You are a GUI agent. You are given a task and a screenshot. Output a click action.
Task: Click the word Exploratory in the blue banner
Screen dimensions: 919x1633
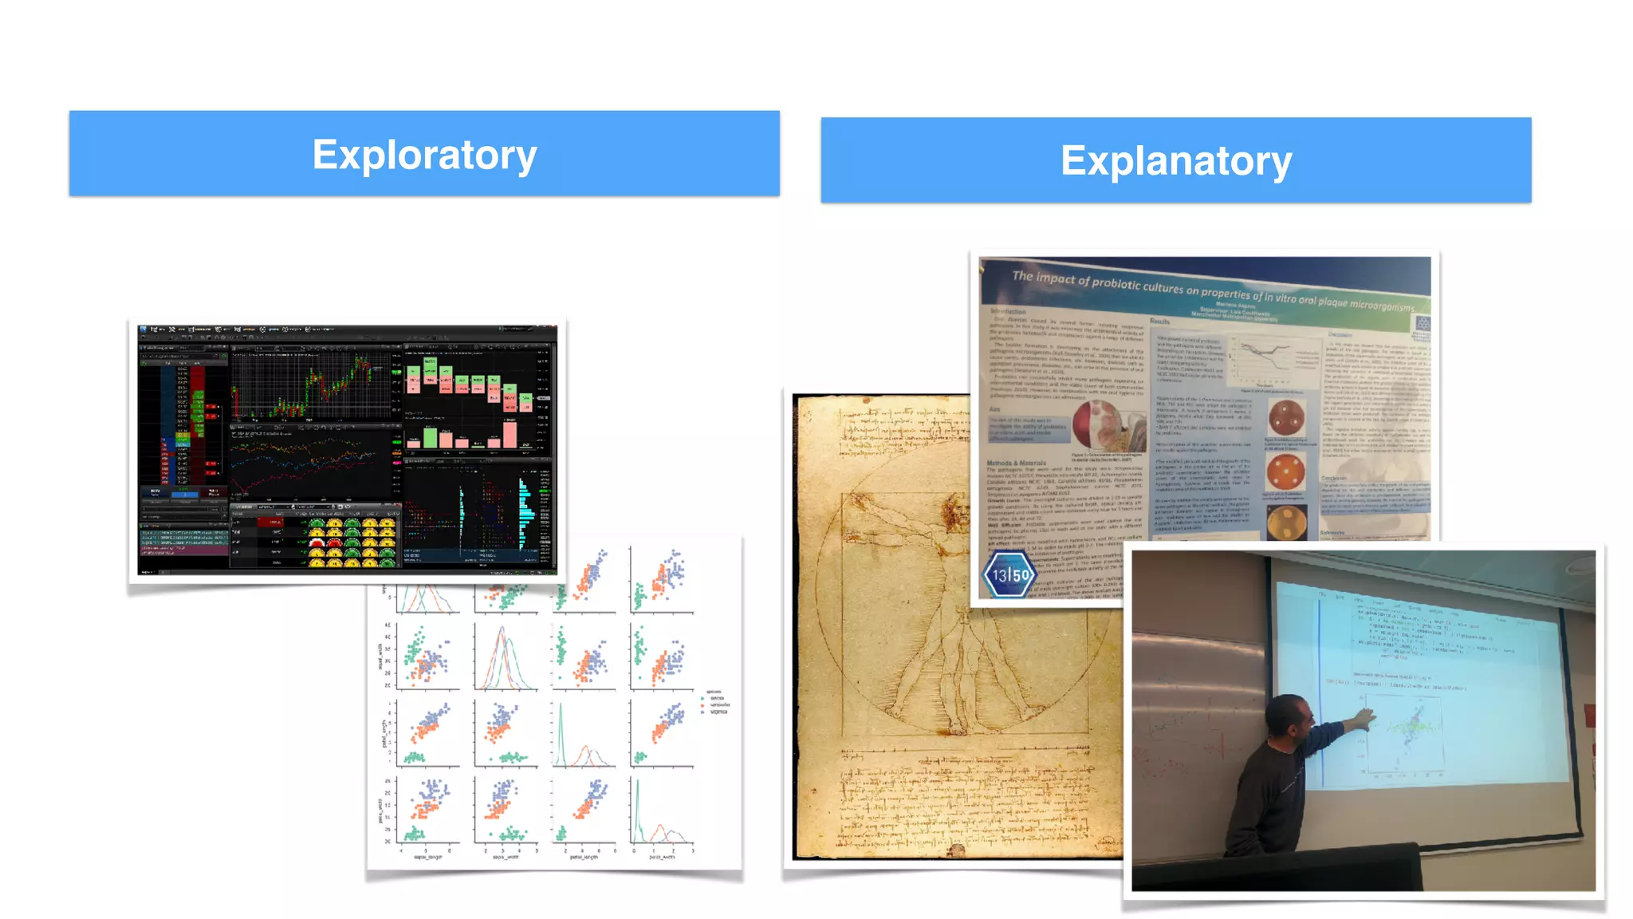click(424, 155)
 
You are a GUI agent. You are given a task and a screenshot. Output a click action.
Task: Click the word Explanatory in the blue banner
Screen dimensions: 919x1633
click(1175, 161)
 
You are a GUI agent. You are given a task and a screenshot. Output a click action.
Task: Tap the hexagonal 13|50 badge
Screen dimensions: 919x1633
click(1009, 574)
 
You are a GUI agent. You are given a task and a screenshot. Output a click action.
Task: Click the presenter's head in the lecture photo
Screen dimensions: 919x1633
click(1287, 716)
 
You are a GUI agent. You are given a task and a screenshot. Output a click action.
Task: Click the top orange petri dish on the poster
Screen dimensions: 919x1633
click(1286, 416)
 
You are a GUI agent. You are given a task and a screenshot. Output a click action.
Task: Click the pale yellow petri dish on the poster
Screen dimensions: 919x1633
click(1285, 523)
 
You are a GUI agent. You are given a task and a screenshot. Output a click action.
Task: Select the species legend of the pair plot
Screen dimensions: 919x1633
click(715, 701)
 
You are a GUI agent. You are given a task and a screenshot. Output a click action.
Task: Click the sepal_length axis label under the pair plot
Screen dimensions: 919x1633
click(428, 857)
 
